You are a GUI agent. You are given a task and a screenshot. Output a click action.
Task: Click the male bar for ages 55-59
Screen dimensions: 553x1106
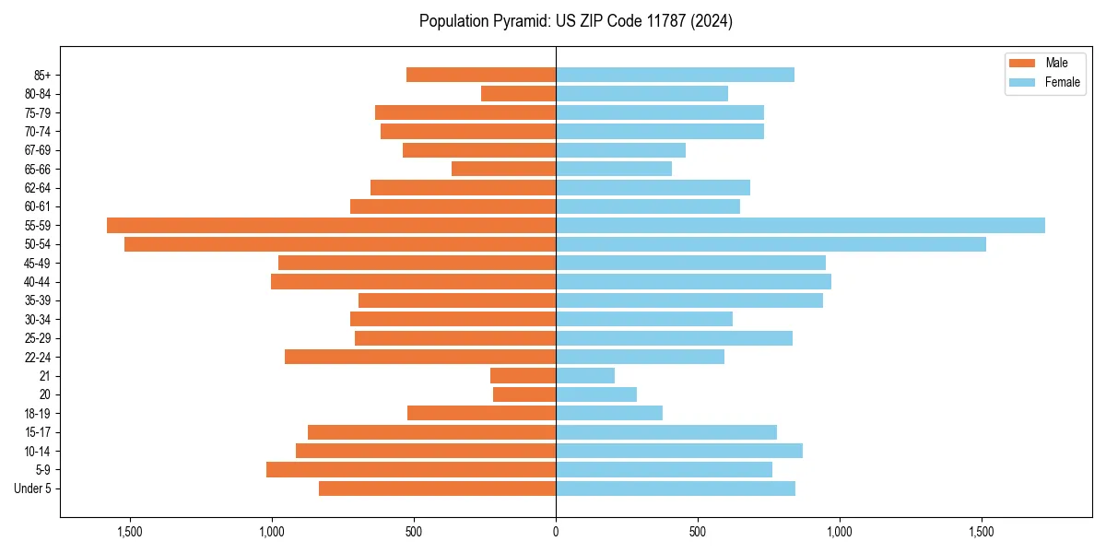pyautogui.click(x=331, y=225)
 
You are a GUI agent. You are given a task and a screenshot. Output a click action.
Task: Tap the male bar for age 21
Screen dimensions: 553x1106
pyautogui.click(x=523, y=375)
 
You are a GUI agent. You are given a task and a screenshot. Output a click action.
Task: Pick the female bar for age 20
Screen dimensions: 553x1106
pyautogui.click(x=596, y=394)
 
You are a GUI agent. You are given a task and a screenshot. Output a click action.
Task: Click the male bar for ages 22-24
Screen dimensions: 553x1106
pyautogui.click(x=420, y=357)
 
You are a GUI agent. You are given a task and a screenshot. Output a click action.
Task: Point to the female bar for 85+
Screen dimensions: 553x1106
pyautogui.click(x=675, y=75)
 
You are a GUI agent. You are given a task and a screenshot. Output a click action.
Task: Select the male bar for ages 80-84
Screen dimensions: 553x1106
pyautogui.click(x=518, y=93)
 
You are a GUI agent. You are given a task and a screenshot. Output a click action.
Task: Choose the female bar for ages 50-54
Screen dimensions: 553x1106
pyautogui.click(x=771, y=244)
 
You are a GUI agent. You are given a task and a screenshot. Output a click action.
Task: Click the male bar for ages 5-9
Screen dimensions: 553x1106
pyautogui.click(x=411, y=469)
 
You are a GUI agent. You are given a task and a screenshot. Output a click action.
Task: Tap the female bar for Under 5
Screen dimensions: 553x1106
pyautogui.click(x=676, y=488)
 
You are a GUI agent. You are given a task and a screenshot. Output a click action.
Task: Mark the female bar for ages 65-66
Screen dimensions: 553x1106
pyautogui.click(x=614, y=169)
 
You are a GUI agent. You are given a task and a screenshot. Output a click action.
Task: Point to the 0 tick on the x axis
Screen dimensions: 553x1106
pyautogui.click(x=556, y=532)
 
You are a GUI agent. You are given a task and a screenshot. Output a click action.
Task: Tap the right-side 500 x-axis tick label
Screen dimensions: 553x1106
pyautogui.click(x=698, y=532)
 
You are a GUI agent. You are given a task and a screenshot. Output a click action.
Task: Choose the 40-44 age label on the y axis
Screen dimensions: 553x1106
pyautogui.click(x=38, y=282)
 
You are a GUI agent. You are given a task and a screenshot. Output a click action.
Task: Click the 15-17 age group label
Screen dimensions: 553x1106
pyautogui.click(x=38, y=432)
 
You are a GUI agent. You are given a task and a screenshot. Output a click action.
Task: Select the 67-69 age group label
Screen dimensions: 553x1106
pyautogui.click(x=38, y=150)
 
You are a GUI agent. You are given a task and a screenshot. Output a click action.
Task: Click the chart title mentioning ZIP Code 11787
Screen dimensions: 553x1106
pyautogui.click(x=575, y=21)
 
